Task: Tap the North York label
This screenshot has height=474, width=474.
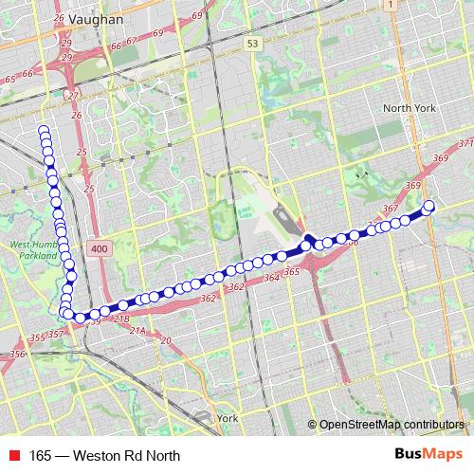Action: pyautogui.click(x=409, y=108)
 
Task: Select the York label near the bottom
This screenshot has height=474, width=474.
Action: pyautogui.click(x=227, y=417)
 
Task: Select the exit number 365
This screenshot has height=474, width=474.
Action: pyautogui.click(x=292, y=272)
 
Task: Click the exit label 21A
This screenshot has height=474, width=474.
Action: pyautogui.click(x=138, y=331)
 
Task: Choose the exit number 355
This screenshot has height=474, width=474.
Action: pyautogui.click(x=37, y=337)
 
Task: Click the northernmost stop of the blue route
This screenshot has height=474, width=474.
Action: pyautogui.click(x=43, y=131)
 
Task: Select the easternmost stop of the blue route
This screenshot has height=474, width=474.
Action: pyautogui.click(x=428, y=206)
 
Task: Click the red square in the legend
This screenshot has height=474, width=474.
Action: pyautogui.click(x=15, y=455)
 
